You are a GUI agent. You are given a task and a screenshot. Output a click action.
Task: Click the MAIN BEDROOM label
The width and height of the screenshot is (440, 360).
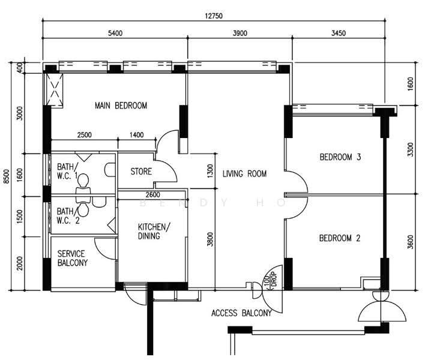(121, 106)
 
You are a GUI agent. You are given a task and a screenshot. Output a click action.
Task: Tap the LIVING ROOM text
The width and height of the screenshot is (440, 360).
(245, 173)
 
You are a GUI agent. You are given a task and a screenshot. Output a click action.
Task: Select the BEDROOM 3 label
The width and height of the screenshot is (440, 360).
(340, 157)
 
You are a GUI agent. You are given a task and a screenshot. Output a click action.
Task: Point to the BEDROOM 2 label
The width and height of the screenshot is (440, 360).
(340, 238)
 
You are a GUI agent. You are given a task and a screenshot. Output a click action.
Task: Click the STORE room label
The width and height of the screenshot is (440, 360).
(141, 172)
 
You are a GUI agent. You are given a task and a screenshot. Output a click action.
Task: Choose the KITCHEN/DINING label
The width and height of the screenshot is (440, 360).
(154, 231)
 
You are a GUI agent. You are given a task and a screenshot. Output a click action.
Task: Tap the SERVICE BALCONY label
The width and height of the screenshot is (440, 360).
(73, 258)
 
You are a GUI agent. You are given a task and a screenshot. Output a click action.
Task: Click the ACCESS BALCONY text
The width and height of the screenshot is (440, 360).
(241, 313)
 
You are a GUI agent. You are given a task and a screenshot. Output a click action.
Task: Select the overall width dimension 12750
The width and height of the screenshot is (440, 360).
(214, 16)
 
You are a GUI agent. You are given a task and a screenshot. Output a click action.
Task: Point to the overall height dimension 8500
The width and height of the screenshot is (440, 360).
(6, 176)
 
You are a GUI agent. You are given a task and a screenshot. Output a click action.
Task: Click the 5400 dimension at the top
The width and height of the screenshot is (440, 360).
(115, 33)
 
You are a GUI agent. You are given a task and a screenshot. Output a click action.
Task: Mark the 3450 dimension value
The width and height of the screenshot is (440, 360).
(339, 33)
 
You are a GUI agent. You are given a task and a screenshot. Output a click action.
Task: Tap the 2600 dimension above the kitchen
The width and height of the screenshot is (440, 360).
(153, 194)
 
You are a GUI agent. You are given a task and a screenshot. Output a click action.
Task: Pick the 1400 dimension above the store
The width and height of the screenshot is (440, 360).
(137, 135)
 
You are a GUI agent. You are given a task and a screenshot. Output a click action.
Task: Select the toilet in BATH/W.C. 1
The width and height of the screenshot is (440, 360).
(83, 185)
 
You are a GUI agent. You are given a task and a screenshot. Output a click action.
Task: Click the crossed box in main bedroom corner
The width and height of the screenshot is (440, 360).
(54, 90)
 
